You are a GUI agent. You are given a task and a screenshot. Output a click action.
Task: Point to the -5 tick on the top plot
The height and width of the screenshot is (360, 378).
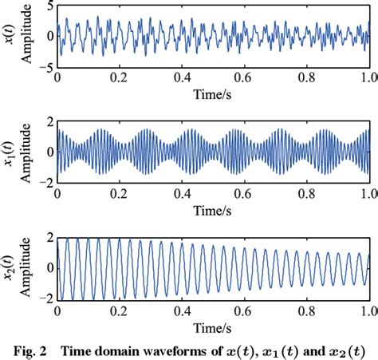(47, 65)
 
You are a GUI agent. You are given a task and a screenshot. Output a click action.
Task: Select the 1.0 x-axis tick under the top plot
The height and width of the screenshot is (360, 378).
(368, 78)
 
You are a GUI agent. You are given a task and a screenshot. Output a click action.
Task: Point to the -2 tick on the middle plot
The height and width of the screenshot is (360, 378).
(47, 181)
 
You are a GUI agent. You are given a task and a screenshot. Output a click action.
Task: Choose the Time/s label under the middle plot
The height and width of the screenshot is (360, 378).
(214, 209)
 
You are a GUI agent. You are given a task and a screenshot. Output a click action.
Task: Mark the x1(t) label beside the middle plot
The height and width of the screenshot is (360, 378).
(10, 152)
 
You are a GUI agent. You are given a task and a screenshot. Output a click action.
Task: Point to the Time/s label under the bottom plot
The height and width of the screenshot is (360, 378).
(214, 325)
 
